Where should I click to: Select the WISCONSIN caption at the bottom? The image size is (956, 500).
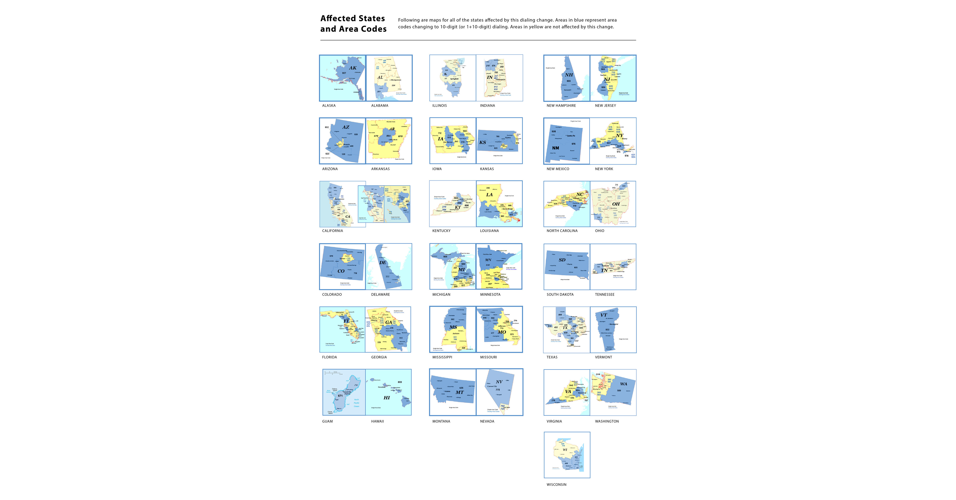click(x=556, y=484)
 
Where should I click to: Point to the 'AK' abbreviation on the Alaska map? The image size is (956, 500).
click(x=353, y=68)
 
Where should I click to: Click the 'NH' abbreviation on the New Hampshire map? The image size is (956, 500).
click(x=569, y=75)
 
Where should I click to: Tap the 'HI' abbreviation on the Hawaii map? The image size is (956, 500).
click(x=387, y=398)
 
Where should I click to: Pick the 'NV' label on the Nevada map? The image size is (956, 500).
click(x=499, y=382)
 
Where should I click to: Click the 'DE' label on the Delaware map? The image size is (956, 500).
click(x=383, y=263)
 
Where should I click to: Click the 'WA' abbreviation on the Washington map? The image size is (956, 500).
click(x=623, y=384)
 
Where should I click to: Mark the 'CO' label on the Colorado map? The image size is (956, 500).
click(x=341, y=271)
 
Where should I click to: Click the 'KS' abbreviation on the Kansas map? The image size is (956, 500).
click(x=483, y=142)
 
